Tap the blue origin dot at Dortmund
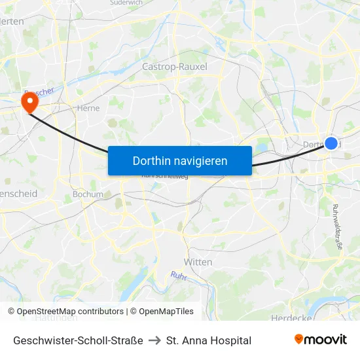[331, 143]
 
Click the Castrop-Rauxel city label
[175, 67]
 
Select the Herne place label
[88, 108]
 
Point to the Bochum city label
[88, 194]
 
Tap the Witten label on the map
[198, 262]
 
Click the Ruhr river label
[178, 276]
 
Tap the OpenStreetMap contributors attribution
[65, 312]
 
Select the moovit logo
[321, 340]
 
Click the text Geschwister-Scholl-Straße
[78, 340]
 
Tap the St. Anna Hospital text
[209, 340]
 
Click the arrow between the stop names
[154, 340]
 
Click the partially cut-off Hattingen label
[56, 318]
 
